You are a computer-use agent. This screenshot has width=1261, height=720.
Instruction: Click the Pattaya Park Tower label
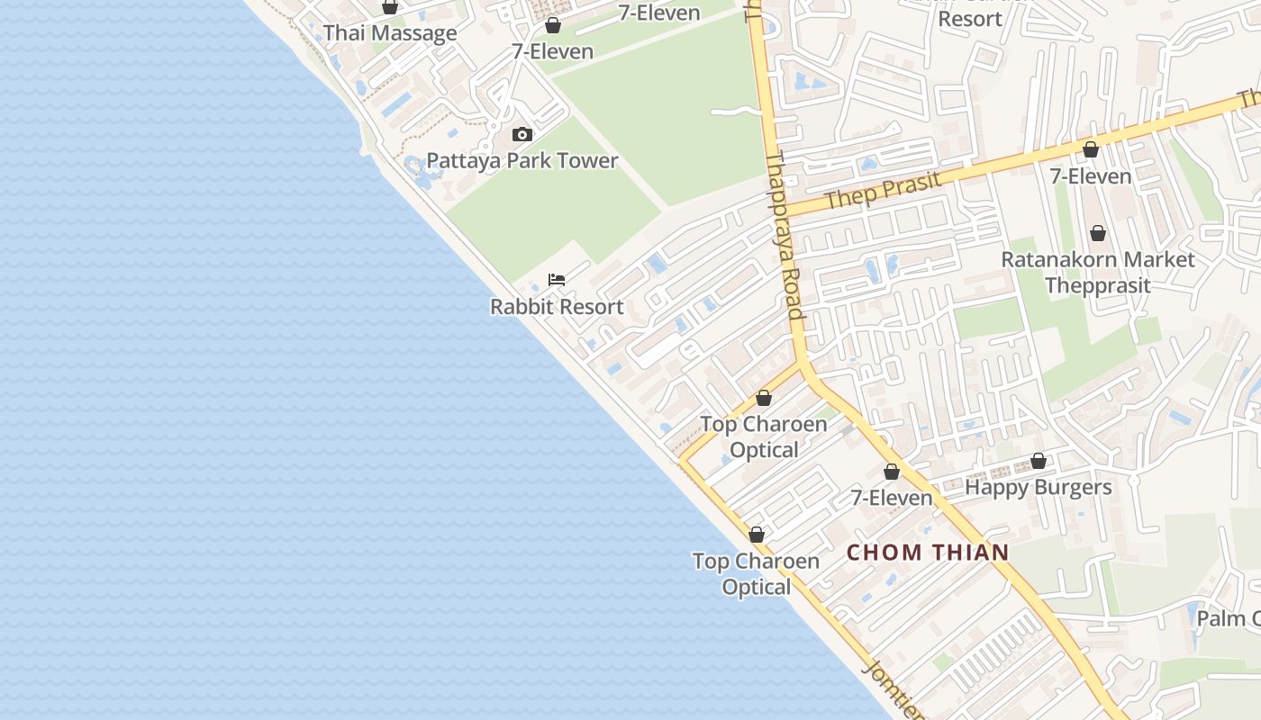tap(522, 161)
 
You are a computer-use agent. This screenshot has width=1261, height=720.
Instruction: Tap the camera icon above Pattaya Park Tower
tap(522, 135)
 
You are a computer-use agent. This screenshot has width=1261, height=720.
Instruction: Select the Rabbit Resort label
tap(557, 307)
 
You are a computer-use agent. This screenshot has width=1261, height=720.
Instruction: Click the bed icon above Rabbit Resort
tap(557, 280)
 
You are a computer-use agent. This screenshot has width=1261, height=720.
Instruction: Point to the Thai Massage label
tap(390, 34)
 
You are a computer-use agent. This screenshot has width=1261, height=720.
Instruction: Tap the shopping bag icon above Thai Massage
tap(390, 7)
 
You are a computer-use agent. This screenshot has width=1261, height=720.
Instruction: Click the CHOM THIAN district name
tap(928, 553)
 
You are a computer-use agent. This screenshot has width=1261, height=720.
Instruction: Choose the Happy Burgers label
tap(1039, 488)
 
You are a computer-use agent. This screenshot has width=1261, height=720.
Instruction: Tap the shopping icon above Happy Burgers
tap(1039, 461)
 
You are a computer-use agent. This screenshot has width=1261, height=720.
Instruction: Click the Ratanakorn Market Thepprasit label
tap(1098, 273)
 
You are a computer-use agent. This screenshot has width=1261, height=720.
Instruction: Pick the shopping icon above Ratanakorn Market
tap(1098, 234)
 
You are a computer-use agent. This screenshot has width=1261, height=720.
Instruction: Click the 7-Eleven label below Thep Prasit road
tap(1091, 176)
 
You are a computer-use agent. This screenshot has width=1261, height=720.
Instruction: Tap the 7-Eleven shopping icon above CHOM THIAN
tap(892, 472)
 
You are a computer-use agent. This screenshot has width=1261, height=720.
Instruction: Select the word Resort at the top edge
tap(970, 19)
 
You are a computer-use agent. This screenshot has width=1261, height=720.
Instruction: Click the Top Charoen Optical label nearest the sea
tap(757, 574)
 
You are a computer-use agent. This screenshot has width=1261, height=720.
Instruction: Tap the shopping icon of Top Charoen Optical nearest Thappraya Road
tap(764, 398)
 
